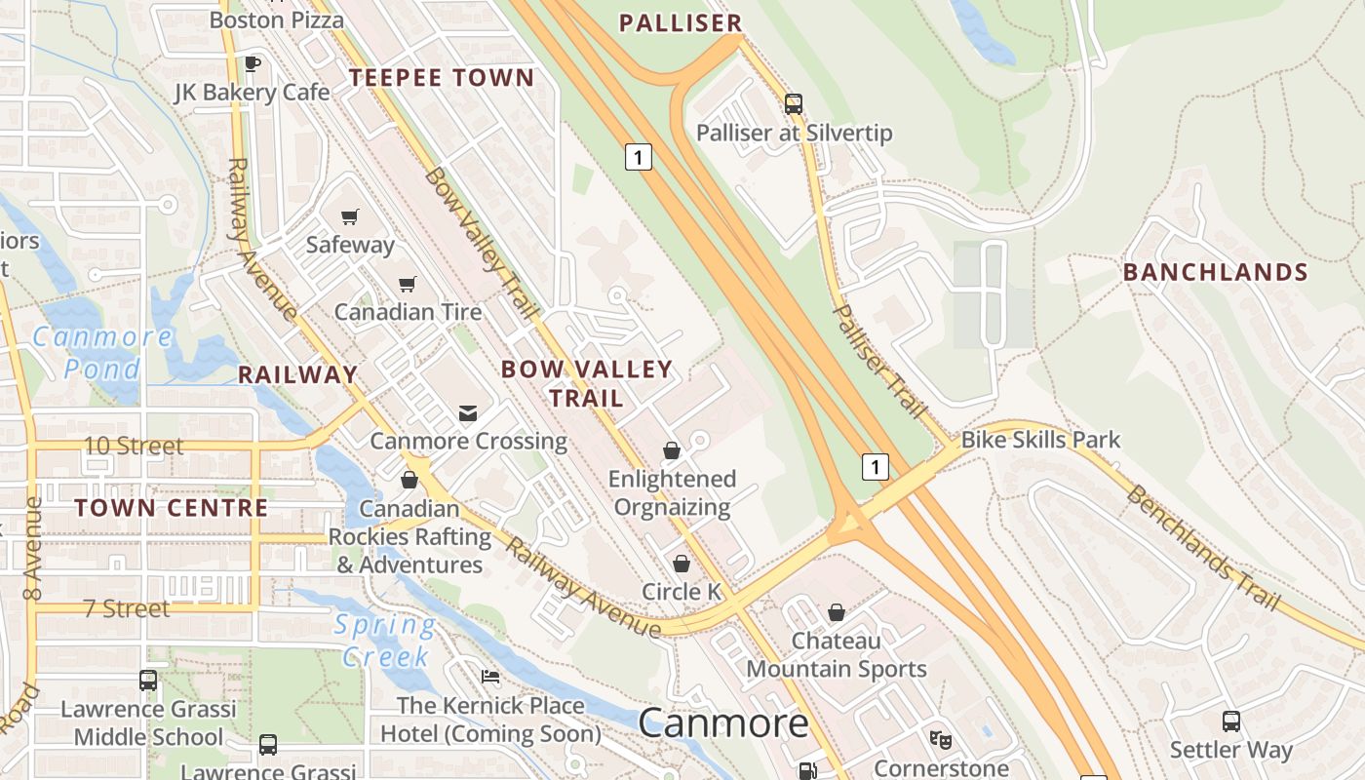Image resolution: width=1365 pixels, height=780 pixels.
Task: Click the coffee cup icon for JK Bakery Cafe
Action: pyautogui.click(x=253, y=64)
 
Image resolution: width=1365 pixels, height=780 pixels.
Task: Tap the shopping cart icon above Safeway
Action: pyautogui.click(x=349, y=216)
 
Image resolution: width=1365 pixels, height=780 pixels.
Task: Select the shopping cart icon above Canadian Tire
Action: pyautogui.click(x=407, y=284)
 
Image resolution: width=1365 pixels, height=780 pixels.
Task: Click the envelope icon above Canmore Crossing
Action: pyautogui.click(x=468, y=413)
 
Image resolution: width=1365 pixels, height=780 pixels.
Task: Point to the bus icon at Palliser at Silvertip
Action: pyautogui.click(x=794, y=104)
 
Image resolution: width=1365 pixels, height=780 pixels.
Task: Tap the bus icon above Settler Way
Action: pyautogui.click(x=1231, y=721)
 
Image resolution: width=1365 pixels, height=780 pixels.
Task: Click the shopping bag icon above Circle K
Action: pyautogui.click(x=682, y=564)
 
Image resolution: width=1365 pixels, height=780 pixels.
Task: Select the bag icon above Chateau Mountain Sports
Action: pyautogui.click(x=836, y=612)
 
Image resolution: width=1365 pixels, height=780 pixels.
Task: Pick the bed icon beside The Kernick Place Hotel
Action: pyautogui.click(x=490, y=677)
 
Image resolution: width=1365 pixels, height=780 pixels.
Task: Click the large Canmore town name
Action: pyautogui.click(x=723, y=723)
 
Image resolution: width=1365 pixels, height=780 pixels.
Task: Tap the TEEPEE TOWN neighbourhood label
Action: pyautogui.click(x=442, y=78)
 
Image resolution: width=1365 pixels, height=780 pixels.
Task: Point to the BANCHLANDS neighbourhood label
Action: pyautogui.click(x=1215, y=272)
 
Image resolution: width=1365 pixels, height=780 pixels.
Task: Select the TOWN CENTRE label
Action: pyautogui.click(x=172, y=508)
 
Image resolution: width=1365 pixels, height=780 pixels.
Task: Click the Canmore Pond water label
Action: pyautogui.click(x=102, y=353)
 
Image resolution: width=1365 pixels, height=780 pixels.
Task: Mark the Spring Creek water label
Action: pyautogui.click(x=385, y=640)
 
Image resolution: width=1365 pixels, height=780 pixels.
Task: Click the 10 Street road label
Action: pyautogui.click(x=134, y=447)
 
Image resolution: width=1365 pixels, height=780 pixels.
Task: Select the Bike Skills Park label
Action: pyautogui.click(x=1040, y=440)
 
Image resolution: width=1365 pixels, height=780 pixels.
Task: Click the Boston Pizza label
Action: pyautogui.click(x=277, y=19)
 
